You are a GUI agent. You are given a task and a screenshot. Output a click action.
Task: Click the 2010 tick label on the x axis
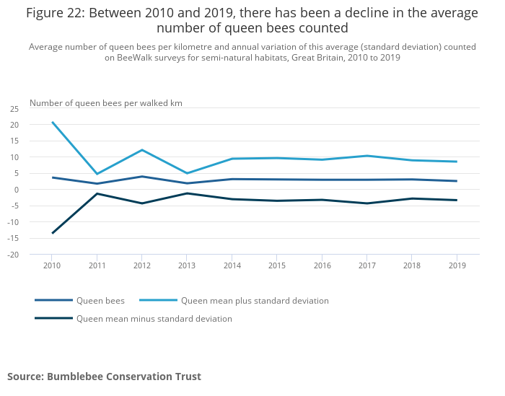coord(52,265)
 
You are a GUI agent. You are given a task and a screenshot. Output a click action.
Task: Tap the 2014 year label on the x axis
coord(232,265)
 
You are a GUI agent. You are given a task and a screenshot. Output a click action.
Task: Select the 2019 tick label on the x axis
coord(456,265)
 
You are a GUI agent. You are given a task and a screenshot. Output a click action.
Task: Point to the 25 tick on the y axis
coord(14,109)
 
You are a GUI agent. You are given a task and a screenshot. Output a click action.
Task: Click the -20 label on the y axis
coord(14,255)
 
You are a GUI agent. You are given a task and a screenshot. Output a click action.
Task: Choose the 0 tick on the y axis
coord(17,190)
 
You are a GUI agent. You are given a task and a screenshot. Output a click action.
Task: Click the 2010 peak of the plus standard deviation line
coord(52,122)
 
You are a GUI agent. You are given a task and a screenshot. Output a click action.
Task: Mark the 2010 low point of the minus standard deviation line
coord(52,233)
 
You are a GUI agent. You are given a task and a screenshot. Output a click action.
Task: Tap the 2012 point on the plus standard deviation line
coord(142,150)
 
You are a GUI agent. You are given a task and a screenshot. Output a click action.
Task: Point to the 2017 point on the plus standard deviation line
coord(366,156)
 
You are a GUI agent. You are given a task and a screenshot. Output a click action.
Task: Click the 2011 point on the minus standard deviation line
coord(97,193)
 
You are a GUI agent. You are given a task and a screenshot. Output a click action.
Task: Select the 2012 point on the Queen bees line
coord(142,177)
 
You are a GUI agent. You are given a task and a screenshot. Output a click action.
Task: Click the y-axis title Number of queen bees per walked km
coord(106,103)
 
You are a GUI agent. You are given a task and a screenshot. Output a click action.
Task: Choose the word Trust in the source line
coord(188,377)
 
